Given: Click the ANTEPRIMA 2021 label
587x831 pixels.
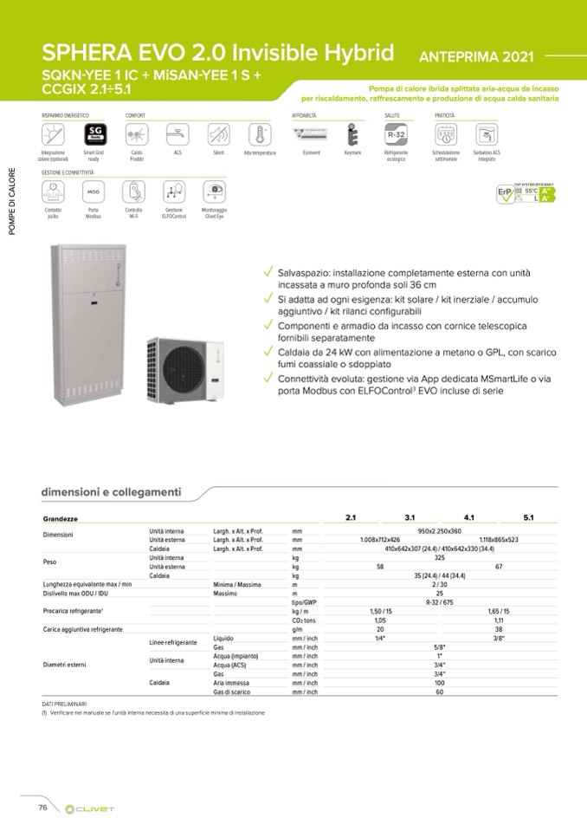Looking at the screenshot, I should [x=475, y=57].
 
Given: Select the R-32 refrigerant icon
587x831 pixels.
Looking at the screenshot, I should [x=397, y=135].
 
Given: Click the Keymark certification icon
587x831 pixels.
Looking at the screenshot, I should [x=352, y=135].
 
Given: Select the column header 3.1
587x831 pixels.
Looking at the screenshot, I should [x=410, y=517].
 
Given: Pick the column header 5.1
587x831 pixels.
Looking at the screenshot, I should [x=528, y=517].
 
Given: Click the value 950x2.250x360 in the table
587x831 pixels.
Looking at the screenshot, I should [x=439, y=530].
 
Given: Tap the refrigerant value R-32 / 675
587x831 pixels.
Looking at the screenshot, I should [x=439, y=601].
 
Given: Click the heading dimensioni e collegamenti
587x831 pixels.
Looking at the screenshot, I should [x=111, y=492].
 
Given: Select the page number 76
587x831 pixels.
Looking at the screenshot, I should [x=42, y=807].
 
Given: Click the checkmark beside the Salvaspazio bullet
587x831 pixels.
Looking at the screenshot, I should [x=270, y=272].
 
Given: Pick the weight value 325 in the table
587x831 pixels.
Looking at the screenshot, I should [x=439, y=557].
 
